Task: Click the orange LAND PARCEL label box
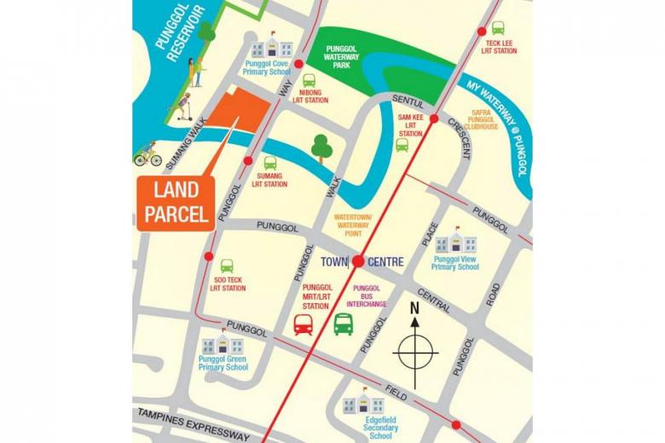pyautogui.click(x=174, y=204)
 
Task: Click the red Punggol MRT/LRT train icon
pyautogui.click(x=304, y=325)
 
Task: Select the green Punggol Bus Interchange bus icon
pyautogui.click(x=344, y=325)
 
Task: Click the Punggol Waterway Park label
pyautogui.click(x=348, y=57)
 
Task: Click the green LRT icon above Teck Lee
pyautogui.click(x=498, y=27)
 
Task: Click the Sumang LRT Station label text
pyautogui.click(x=270, y=180)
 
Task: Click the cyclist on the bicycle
pyautogui.click(x=148, y=155)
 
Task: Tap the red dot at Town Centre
pyautogui.click(x=359, y=262)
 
